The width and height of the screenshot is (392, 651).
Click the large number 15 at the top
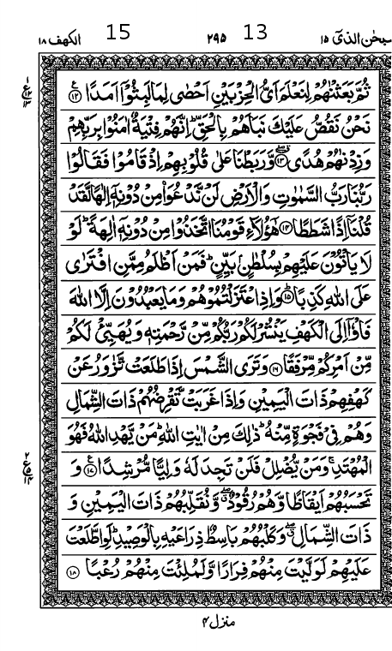118,33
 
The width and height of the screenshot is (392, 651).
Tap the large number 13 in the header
256,33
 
